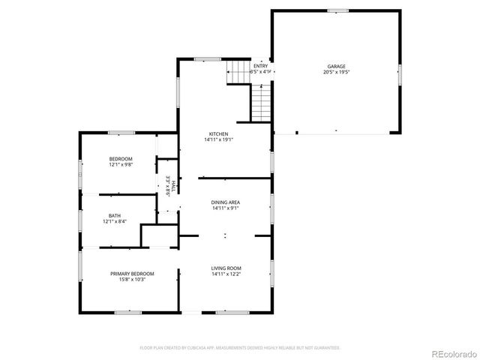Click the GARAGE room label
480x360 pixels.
coord(335,67)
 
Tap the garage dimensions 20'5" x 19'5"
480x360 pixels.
coord(335,73)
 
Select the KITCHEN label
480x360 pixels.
coord(218,133)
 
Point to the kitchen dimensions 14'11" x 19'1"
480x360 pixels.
coord(218,139)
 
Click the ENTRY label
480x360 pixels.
coord(259,66)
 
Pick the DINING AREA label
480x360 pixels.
coord(225,202)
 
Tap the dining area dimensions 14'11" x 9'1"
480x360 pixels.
coord(225,208)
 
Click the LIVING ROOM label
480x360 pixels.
coord(226,268)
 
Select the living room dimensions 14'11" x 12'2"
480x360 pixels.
coord(226,274)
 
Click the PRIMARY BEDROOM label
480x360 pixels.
coord(132,274)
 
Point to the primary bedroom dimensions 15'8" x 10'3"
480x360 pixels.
coord(132,280)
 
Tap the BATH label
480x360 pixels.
coord(114,215)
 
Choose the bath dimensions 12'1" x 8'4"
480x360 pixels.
coord(114,221)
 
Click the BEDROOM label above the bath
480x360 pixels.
coord(120,159)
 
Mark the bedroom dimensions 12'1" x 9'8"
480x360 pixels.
coord(120,165)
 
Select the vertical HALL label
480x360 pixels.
coord(173,185)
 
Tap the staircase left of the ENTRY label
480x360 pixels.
coord(238,73)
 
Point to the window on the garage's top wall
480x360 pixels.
coord(338,10)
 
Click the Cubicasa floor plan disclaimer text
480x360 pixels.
coord(240,348)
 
